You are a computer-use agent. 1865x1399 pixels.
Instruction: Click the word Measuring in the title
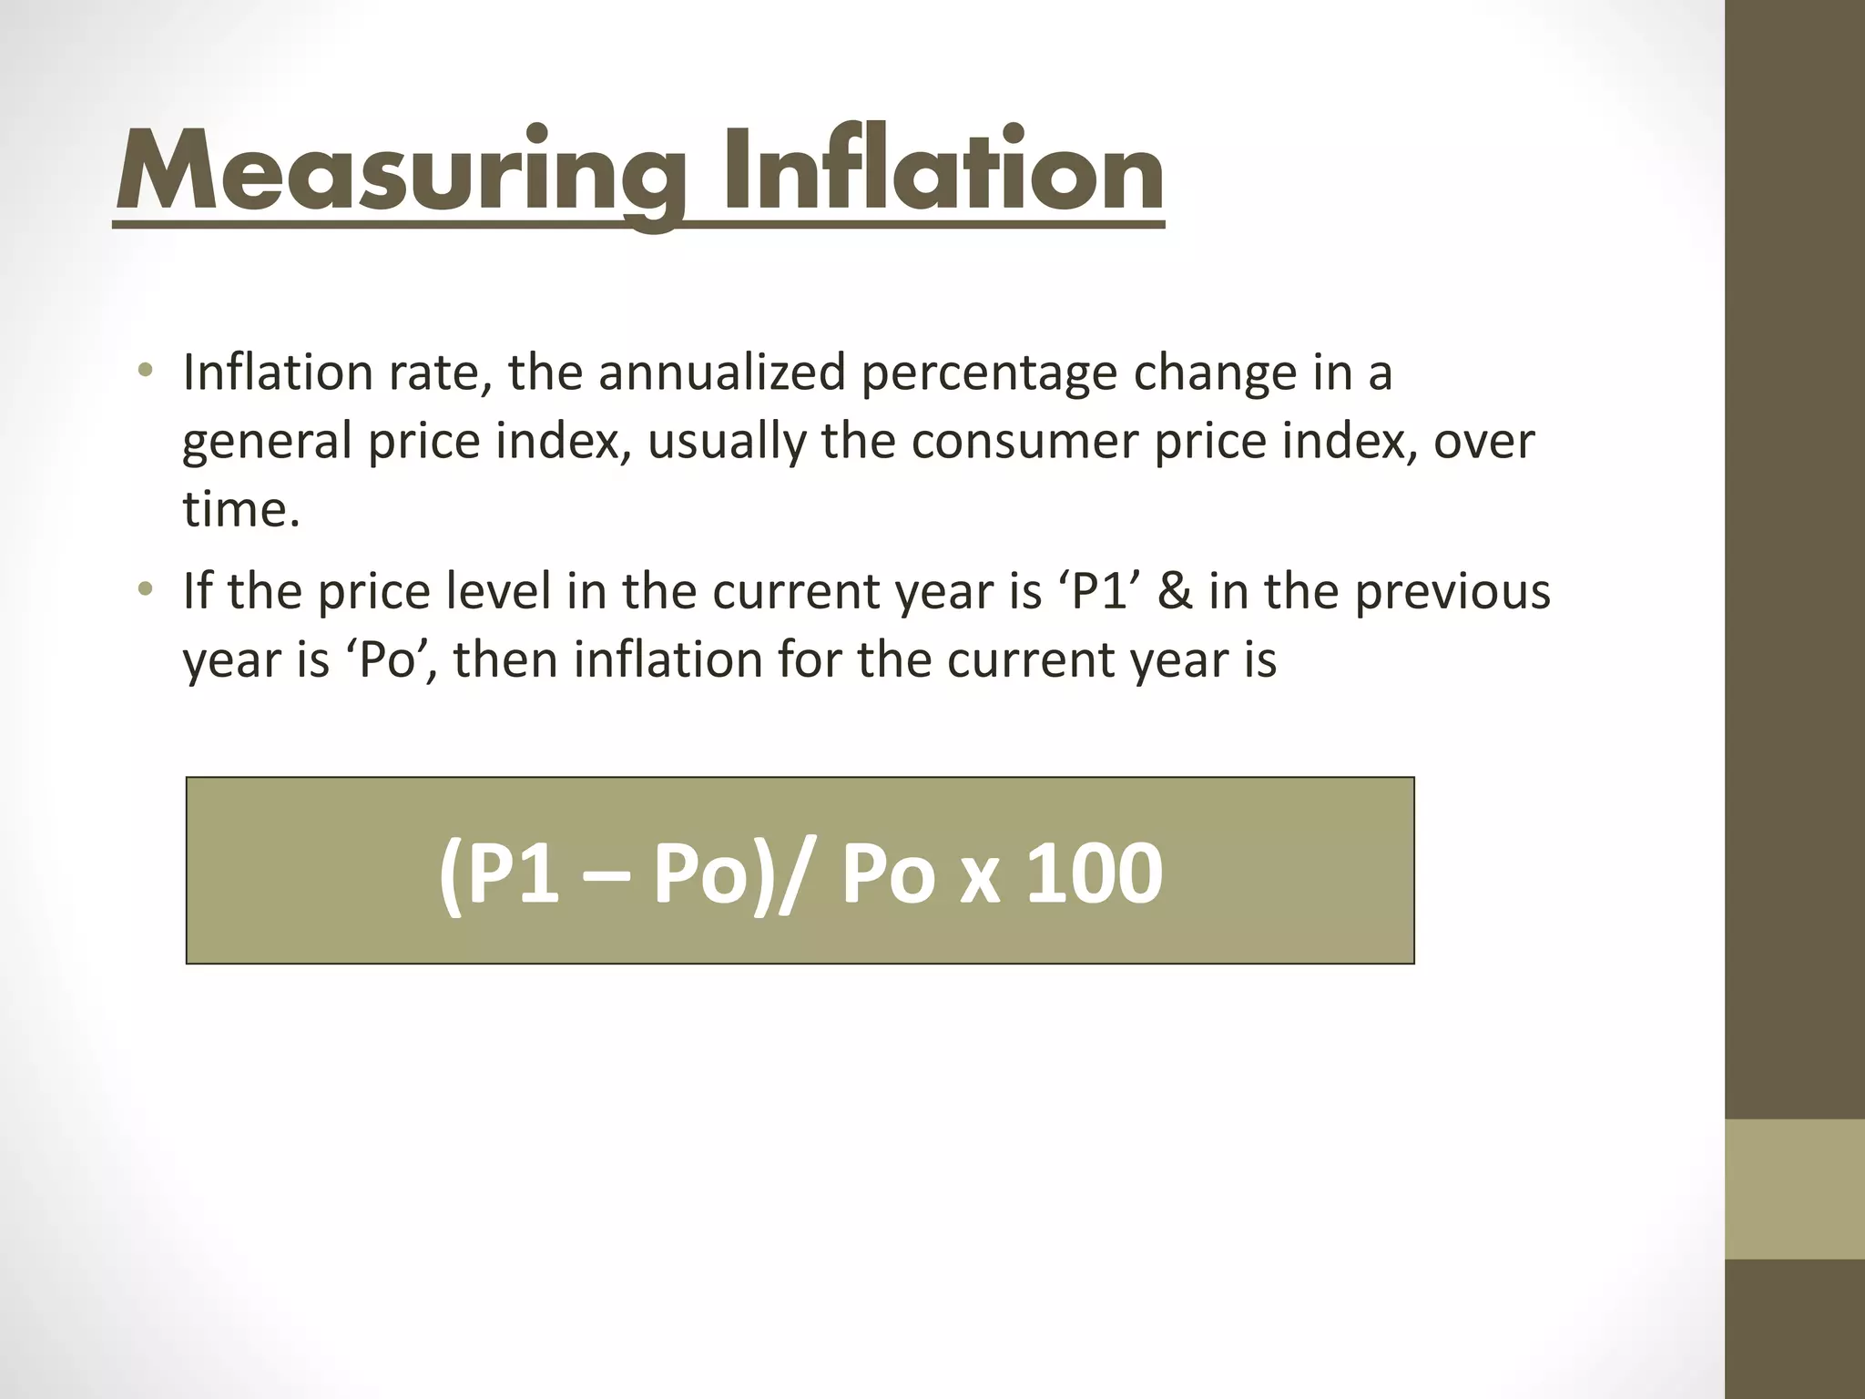click(401, 173)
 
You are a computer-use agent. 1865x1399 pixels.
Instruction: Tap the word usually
click(727, 444)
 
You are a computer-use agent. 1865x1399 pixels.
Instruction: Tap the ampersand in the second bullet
click(1189, 591)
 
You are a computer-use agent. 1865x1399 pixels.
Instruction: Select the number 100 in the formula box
click(1095, 874)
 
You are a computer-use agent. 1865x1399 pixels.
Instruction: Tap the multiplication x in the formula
click(980, 880)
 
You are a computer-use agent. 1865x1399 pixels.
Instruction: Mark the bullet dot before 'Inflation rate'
click(145, 372)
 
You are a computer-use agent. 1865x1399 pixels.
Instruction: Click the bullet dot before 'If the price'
click(145, 590)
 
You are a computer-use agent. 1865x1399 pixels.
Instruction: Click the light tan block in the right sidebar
click(1795, 1189)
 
